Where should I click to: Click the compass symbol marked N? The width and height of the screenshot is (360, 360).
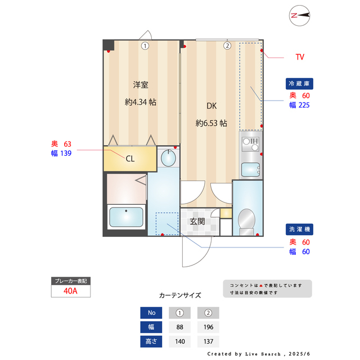[x=300, y=16]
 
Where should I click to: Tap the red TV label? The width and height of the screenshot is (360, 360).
[x=300, y=57]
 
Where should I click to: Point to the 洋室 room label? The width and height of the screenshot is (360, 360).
[x=141, y=85]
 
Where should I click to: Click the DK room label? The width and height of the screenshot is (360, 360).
[x=211, y=106]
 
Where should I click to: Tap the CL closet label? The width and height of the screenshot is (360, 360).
[x=130, y=159]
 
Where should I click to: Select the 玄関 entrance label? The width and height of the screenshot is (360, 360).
[x=197, y=221]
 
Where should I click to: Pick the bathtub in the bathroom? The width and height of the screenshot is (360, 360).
[x=126, y=217]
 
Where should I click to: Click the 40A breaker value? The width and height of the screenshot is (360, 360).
[x=70, y=291]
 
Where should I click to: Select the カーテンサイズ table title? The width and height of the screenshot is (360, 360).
[x=179, y=295]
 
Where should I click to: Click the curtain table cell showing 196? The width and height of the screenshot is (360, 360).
[x=208, y=327]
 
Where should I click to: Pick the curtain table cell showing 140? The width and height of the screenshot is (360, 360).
[x=179, y=341]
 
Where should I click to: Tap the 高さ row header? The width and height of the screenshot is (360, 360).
[x=151, y=341]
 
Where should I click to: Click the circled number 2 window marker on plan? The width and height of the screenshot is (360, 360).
[x=227, y=46]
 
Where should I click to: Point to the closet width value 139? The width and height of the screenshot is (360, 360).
[x=65, y=153]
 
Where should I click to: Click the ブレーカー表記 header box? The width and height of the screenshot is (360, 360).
[x=70, y=280]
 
